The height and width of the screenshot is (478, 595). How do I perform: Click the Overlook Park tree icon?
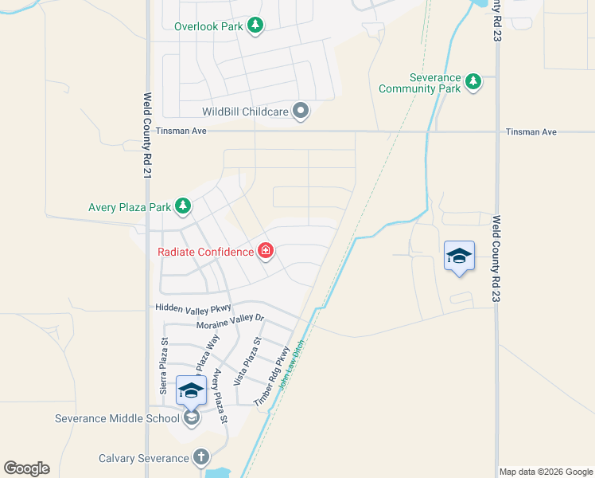pyautogui.click(x=255, y=26)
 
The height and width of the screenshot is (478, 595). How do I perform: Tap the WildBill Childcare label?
pyautogui.click(x=244, y=112)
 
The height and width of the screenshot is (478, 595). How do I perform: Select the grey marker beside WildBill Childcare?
pyautogui.click(x=301, y=112)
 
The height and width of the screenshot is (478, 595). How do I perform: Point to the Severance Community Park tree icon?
pyautogui.click(x=474, y=82)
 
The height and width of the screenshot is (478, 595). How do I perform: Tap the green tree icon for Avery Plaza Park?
pyautogui.click(x=184, y=207)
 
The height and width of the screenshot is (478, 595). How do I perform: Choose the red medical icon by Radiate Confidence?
pyautogui.click(x=266, y=253)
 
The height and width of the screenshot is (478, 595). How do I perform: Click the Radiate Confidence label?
pyautogui.click(x=206, y=253)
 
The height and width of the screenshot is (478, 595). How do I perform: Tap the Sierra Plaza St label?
pyautogui.click(x=164, y=366)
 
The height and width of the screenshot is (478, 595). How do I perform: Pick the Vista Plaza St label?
pyautogui.click(x=247, y=362)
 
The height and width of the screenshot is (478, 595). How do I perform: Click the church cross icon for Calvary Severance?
pyautogui.click(x=201, y=458)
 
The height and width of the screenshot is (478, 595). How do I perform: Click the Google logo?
pyautogui.click(x=26, y=468)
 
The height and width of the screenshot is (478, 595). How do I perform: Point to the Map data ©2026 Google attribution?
pyautogui.click(x=546, y=472)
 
